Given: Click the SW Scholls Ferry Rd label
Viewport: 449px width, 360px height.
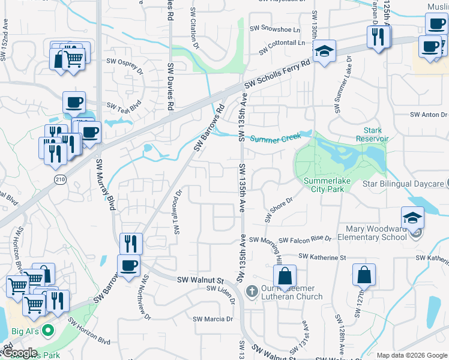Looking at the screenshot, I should [277, 74].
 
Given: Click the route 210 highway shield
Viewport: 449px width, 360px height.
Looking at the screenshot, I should [59, 179].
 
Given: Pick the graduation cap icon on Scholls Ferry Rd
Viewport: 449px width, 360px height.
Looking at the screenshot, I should [324, 52].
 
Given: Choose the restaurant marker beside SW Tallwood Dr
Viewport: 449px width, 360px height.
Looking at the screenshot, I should [131, 243].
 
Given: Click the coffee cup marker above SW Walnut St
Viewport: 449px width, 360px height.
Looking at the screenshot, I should [129, 265].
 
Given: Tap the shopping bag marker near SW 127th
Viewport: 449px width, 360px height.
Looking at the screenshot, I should [364, 275].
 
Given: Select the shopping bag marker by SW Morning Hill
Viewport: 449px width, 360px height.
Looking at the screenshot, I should [285, 276].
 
